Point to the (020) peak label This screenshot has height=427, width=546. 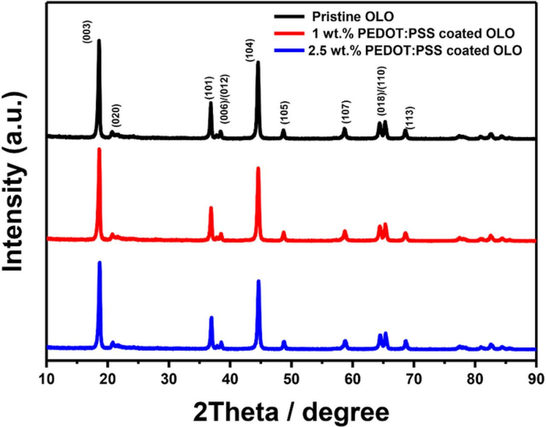pos(116,115)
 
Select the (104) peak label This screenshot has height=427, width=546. pos(250,51)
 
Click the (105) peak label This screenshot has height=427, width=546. pos(285,113)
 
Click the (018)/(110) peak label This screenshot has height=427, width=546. pos(381,91)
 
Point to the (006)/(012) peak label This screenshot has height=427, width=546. pos(224,99)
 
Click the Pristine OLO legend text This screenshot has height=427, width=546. pos(353,17)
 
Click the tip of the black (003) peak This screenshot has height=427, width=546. pos(99,40)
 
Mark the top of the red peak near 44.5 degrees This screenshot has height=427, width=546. pos(258,168)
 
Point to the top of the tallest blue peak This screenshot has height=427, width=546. pos(100,263)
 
